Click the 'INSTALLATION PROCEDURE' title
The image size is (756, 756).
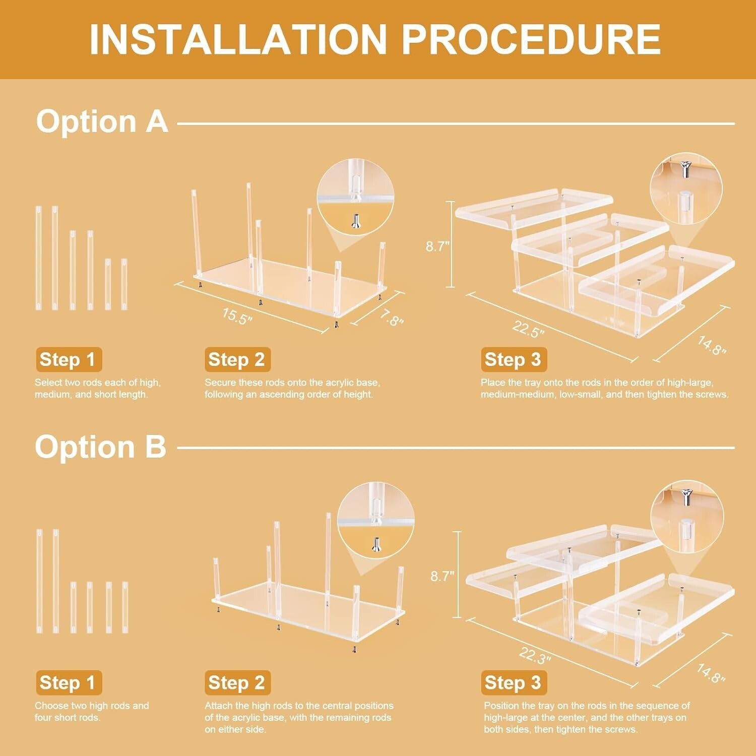375,39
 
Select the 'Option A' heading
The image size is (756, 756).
102,121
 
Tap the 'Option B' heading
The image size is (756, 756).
100,447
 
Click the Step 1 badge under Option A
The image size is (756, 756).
69,360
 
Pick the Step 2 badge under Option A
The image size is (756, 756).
237,360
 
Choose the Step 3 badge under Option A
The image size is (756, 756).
514,360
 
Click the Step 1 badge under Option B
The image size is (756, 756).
69,683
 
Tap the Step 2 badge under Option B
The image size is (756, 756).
237,683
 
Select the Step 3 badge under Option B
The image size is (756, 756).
514,683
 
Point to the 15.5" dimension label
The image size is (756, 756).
237,316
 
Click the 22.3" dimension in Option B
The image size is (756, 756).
535,655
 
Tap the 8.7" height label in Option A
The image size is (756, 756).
437,246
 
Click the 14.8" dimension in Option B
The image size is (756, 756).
711,673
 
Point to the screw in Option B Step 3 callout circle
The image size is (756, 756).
685,497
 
